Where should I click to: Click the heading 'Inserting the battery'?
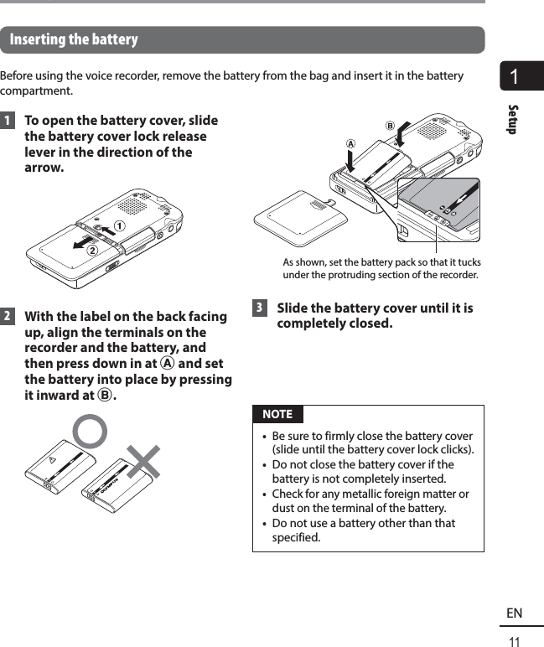74,40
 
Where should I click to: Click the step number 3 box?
259,308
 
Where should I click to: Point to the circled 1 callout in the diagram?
119,226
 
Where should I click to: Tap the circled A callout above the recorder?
350,143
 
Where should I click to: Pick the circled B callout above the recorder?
390,126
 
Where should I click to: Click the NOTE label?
277,414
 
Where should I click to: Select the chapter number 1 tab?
521,78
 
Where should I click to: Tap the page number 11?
515,641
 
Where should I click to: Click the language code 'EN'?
514,613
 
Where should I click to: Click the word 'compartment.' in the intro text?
36,91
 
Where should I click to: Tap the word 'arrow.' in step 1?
44,168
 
